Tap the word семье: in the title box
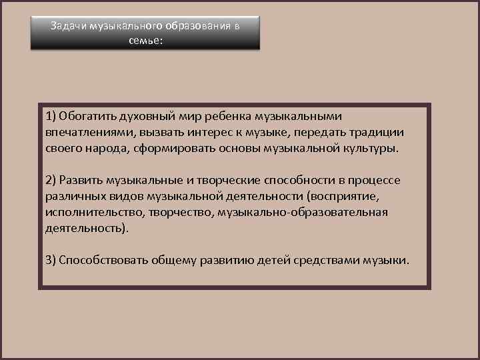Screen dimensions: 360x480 pos(145,40)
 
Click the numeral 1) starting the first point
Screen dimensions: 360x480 pos(51,117)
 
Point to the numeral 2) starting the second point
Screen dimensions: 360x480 pos(51,181)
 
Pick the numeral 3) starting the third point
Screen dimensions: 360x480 pos(51,260)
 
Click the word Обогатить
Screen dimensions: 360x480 pos(87,117)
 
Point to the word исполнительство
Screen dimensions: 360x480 pos(89,213)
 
